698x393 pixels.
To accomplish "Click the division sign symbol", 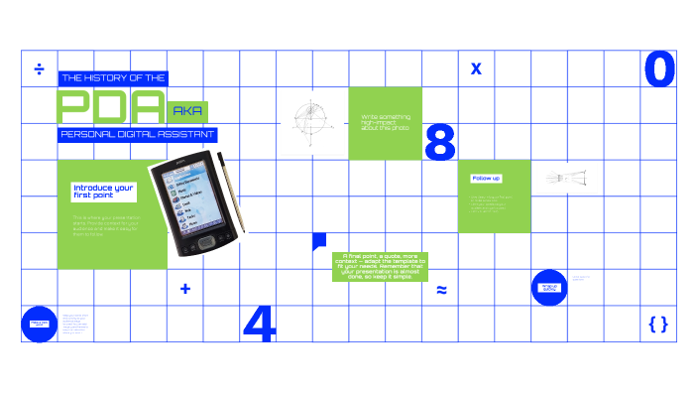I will (40, 68).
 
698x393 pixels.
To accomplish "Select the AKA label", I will (188, 111).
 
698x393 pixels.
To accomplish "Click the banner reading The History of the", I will (113, 77).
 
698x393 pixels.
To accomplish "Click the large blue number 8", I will (439, 142).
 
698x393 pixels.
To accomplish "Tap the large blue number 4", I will (258, 324).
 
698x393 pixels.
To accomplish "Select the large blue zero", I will (659, 69).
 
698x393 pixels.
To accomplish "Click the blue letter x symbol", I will (476, 68).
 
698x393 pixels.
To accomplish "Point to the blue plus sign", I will (185, 289).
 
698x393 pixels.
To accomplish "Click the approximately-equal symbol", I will (441, 290).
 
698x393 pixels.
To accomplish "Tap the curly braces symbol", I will (657, 324).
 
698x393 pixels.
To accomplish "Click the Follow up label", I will (486, 178).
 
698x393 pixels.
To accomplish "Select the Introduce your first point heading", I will (103, 191).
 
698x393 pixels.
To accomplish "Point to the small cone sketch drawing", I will (566, 178).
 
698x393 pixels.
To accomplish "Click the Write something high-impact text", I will (385, 122).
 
